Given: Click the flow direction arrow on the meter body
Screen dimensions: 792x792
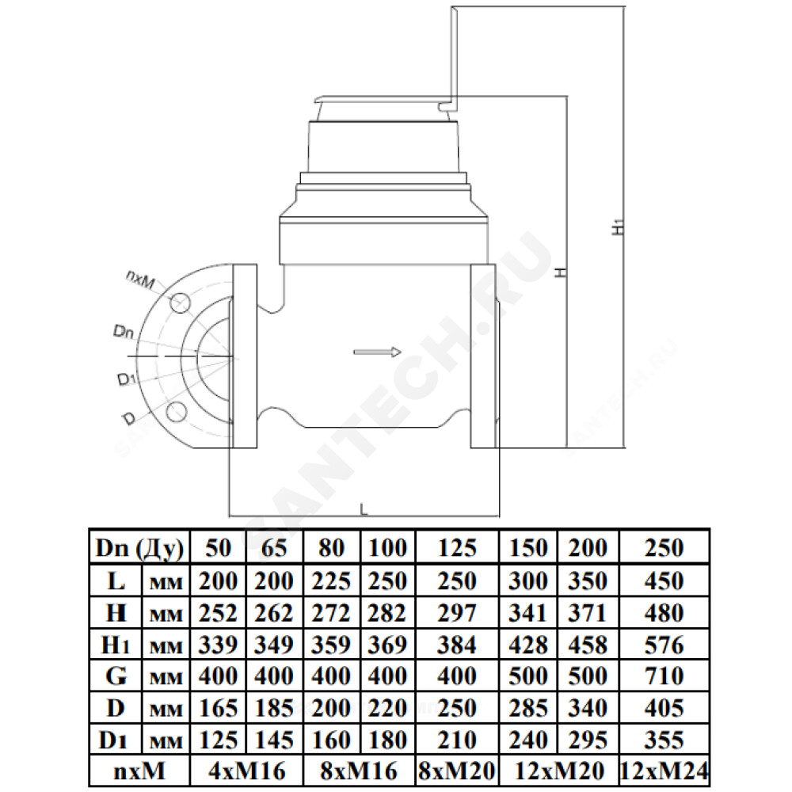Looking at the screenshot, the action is point(377,352).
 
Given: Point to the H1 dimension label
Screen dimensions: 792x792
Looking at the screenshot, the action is point(619,227).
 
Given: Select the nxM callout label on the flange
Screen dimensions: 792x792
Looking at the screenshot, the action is point(140,280).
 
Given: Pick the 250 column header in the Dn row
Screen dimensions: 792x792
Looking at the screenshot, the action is point(664,548).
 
